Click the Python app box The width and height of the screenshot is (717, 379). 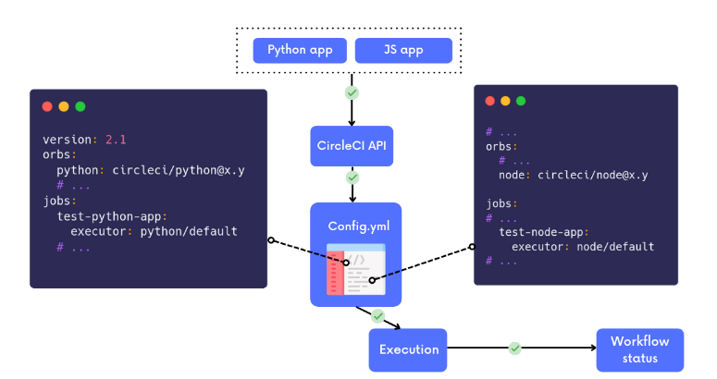[x=300, y=50]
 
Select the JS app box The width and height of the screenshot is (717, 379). [x=403, y=50]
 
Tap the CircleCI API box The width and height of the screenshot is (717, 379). [x=352, y=146]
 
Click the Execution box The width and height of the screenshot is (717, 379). [x=408, y=349]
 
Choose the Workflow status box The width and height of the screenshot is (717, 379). [x=639, y=349]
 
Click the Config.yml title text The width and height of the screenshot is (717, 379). [x=355, y=226]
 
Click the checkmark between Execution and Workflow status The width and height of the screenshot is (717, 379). [x=515, y=348]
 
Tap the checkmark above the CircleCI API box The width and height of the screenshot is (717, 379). [x=352, y=93]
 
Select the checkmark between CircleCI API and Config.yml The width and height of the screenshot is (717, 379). [x=352, y=177]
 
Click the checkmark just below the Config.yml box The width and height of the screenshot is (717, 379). [x=377, y=316]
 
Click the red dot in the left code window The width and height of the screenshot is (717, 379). [x=48, y=106]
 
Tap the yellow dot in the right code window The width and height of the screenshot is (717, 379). [x=505, y=101]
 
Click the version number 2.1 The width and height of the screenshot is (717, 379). [x=116, y=140]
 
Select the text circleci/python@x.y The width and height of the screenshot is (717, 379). [x=179, y=171]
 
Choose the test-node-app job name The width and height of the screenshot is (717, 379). [x=546, y=233]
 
